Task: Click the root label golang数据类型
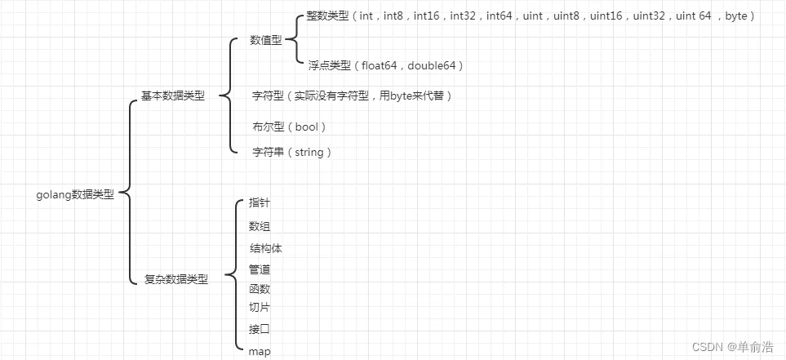75,194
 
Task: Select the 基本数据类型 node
173,96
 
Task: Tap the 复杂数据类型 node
176,279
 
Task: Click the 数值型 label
266,40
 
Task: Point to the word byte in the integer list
738,16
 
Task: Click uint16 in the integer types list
609,16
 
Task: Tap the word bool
307,127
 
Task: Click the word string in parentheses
308,152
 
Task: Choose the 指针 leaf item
260,202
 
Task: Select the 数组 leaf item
260,225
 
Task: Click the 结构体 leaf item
265,248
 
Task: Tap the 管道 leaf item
260,269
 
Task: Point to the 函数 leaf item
260,289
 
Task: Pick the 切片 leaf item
260,307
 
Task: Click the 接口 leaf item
260,329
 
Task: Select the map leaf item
260,351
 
